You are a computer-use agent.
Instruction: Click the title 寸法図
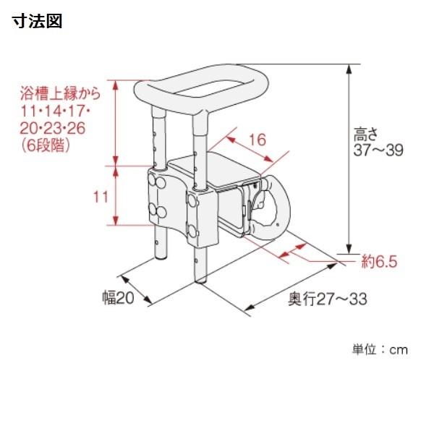click(37, 21)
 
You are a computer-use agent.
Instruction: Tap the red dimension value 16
click(258, 140)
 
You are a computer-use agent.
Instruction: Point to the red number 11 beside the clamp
click(101, 197)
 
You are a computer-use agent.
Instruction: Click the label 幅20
click(119, 297)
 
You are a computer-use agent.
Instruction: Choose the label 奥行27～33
click(328, 299)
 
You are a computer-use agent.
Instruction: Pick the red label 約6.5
click(379, 262)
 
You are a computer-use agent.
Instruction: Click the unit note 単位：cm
click(380, 350)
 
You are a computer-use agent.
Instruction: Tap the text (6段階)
click(46, 145)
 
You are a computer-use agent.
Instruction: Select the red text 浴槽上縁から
click(60, 93)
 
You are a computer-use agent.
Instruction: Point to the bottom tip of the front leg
click(200, 282)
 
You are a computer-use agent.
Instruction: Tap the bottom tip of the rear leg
click(161, 259)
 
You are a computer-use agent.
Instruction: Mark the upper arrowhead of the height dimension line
click(349, 69)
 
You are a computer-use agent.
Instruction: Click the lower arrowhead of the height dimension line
click(349, 249)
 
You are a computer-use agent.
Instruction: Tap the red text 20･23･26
click(53, 128)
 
